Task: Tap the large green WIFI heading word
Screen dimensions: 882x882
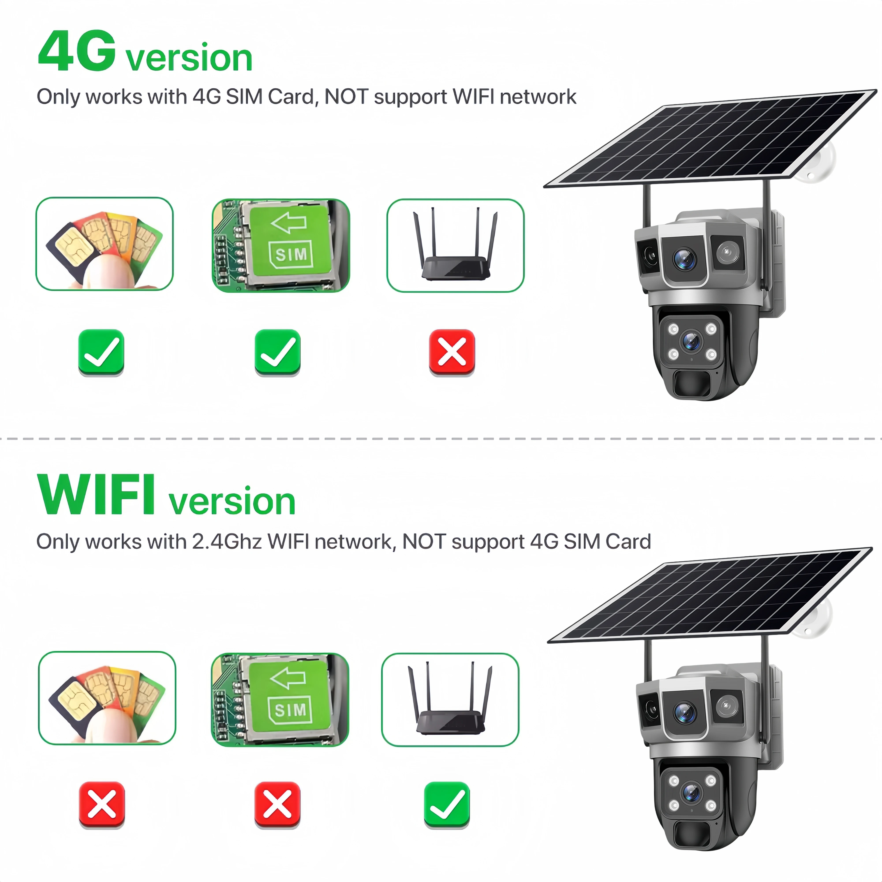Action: point(96,495)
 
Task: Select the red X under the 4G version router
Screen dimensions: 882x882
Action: point(452,352)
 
